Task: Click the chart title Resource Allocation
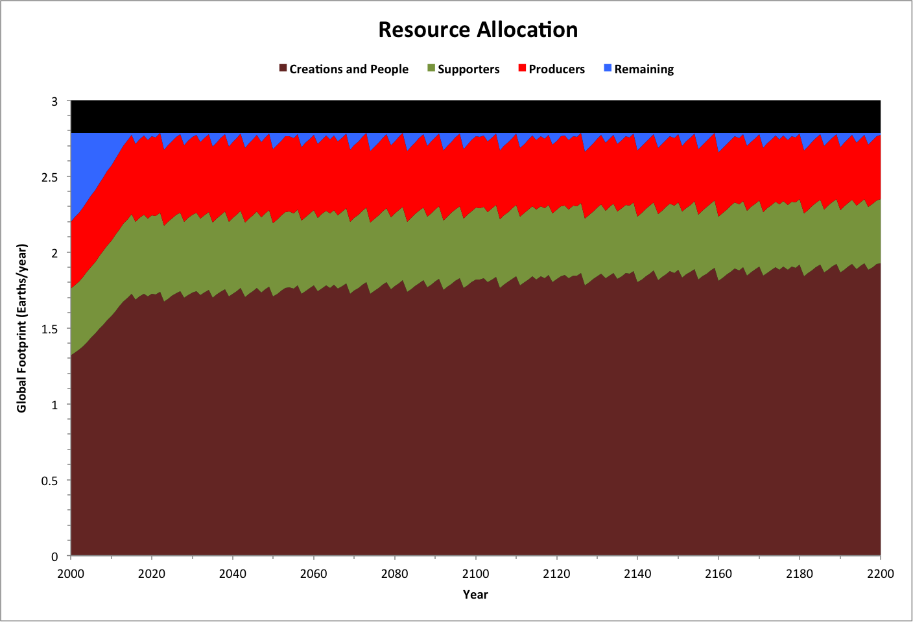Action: pos(478,30)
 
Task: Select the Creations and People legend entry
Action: pos(348,69)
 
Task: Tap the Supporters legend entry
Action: pos(468,69)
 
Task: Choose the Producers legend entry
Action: pos(556,69)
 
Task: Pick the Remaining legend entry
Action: pos(643,69)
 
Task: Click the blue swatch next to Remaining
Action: pos(608,68)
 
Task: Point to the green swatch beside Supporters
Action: pos(431,68)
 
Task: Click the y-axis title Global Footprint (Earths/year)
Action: pos(22,328)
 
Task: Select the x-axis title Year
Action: pos(475,594)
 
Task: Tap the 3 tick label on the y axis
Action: pos(55,101)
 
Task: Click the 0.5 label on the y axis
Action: pos(50,481)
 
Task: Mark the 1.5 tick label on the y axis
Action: pos(50,329)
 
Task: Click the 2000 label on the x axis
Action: pos(71,573)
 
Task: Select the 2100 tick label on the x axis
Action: pos(475,573)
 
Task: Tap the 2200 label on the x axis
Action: pos(880,573)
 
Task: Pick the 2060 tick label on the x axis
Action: pos(313,573)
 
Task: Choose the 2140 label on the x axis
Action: pos(637,573)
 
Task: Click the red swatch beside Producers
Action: pos(522,68)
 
